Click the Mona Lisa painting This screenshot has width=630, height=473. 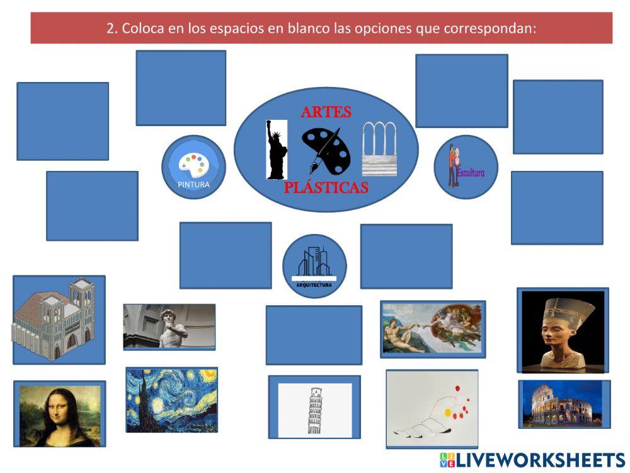(59, 414)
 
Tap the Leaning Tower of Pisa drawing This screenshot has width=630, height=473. (314, 410)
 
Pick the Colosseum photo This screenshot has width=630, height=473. (563, 404)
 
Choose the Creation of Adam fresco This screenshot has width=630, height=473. (432, 329)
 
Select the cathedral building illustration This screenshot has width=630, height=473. (59, 319)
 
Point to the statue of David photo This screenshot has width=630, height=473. (169, 326)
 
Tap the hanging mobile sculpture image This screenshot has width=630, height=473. (432, 409)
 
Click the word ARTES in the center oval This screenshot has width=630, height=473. (326, 112)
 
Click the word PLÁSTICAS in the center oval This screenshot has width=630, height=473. (326, 188)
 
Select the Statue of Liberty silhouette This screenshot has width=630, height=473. (276, 150)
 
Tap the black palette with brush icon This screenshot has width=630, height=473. (325, 150)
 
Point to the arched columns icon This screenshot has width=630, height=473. (381, 149)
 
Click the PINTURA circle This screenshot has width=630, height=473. (193, 167)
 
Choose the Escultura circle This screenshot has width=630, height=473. (466, 167)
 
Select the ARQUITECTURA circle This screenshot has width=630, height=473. (314, 266)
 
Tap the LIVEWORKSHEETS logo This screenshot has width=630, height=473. (532, 459)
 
